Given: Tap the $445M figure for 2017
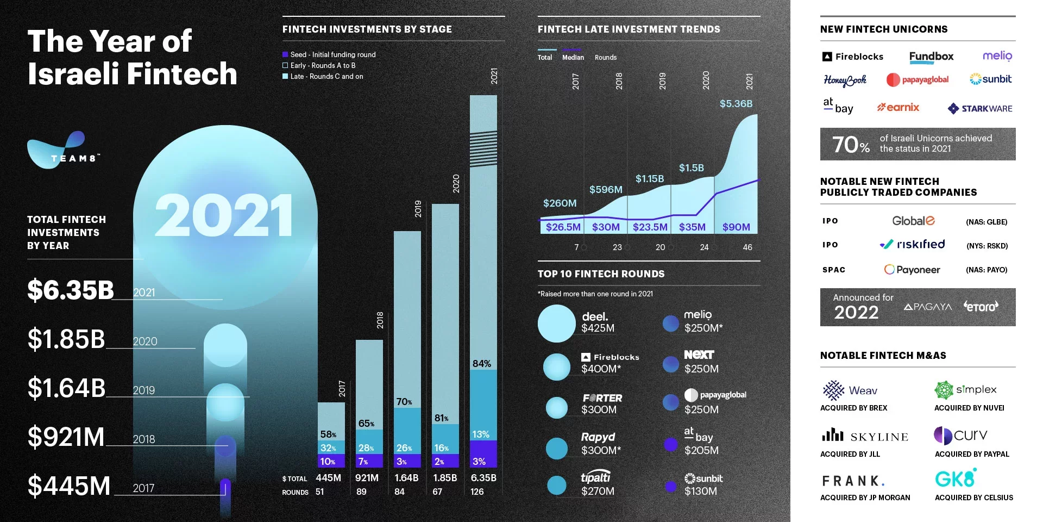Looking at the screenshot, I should (69, 486).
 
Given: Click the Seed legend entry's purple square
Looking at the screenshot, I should (285, 54).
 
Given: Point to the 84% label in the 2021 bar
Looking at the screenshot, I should (482, 363).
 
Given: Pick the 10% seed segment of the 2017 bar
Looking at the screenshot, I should (328, 461).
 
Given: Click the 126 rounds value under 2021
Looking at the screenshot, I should (477, 492).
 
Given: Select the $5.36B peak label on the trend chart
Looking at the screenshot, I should (736, 103).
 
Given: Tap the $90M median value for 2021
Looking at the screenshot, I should (736, 227).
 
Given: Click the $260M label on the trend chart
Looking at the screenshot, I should (560, 203).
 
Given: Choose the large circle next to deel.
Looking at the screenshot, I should (556, 323).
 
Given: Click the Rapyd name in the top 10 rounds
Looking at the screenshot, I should (598, 437).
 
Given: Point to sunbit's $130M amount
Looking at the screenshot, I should (701, 491).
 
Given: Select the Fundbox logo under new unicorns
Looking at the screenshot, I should (931, 56).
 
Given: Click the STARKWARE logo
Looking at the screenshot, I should (980, 108).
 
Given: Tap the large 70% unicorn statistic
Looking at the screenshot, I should (851, 144).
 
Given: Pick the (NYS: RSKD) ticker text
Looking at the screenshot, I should (987, 246).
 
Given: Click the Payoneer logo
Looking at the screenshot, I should (912, 269).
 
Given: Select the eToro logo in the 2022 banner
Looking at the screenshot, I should (981, 306).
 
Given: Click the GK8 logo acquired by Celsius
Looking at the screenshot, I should (956, 478).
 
